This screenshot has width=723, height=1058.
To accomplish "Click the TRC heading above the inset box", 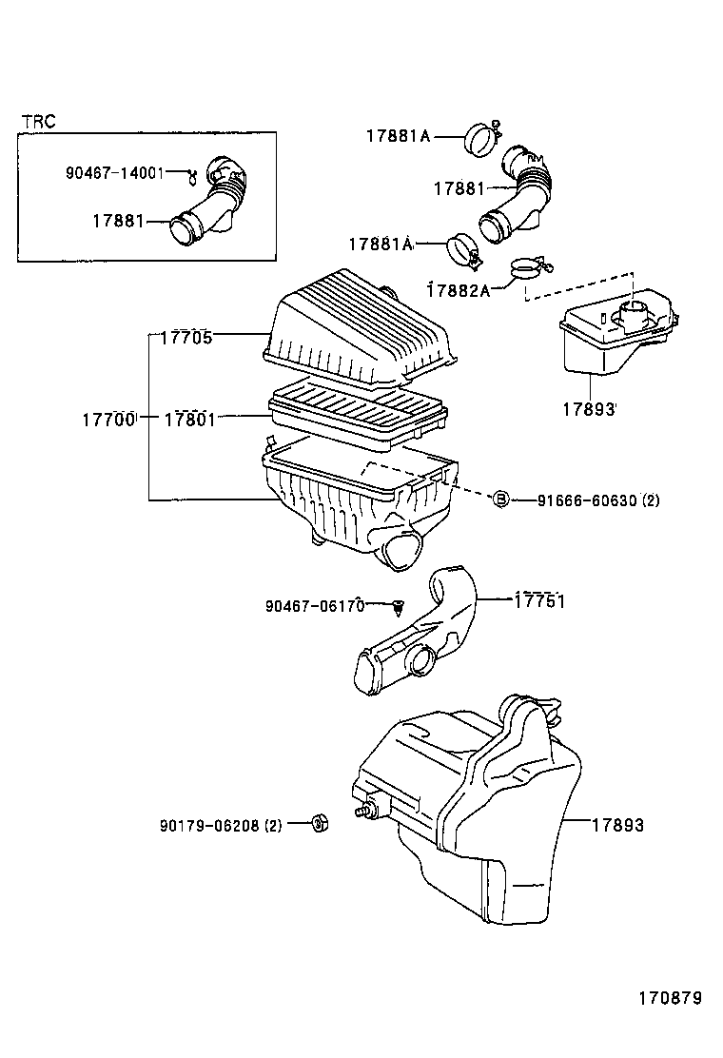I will pos(39,121).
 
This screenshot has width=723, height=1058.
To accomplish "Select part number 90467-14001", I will pos(114,172).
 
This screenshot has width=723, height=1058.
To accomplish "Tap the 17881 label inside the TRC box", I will pos(118,221).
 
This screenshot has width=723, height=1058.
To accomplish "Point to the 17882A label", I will pos(458,289).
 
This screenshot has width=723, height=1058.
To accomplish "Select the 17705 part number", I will pos(186,336).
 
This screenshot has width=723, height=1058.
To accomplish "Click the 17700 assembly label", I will pos(107,419).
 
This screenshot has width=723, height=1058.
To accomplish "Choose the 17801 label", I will pos(190,419).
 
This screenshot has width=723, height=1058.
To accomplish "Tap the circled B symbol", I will pos(500,500).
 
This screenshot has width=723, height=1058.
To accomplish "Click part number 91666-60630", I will pos(587,500).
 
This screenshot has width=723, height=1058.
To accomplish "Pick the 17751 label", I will pos(539,600).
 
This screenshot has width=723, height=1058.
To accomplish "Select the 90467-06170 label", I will pos(314,606).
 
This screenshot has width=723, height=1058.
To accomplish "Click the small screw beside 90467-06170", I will pos(398,605).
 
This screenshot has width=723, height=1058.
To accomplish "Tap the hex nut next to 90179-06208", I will pos(321,823).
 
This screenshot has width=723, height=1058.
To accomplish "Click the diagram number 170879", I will pos(669,998).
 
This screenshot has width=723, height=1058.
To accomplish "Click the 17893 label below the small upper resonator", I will pos(589,409).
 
